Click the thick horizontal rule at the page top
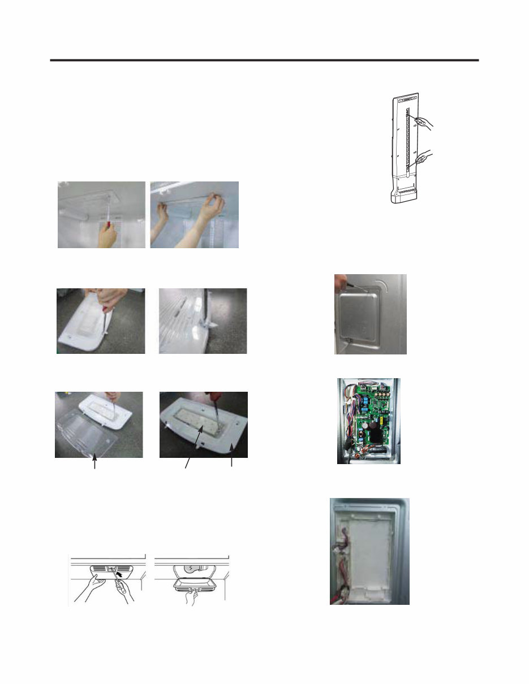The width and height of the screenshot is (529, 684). tap(264, 59)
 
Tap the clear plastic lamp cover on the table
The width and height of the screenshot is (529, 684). tap(93, 432)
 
